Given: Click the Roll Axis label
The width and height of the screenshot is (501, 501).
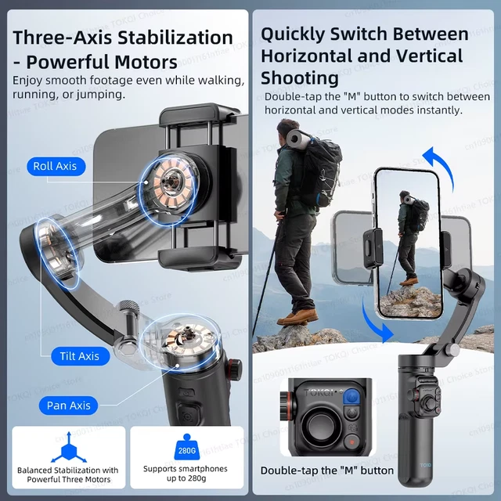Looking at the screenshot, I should point(55,166).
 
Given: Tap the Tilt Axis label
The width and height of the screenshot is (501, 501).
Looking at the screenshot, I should point(79,356).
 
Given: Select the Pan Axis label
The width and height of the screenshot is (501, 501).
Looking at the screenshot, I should point(68,405).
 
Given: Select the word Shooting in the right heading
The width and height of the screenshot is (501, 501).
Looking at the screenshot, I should point(300,78).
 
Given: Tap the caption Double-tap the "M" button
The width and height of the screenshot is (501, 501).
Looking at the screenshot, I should point(327,470).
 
